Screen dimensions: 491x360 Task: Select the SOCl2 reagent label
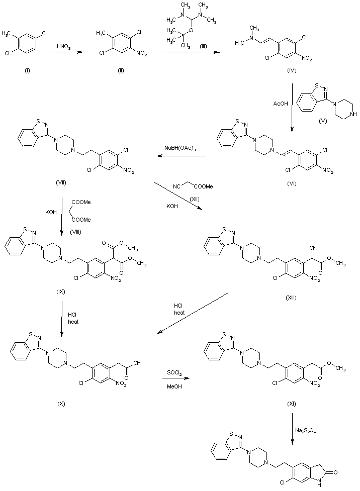174,372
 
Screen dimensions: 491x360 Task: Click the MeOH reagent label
174,386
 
